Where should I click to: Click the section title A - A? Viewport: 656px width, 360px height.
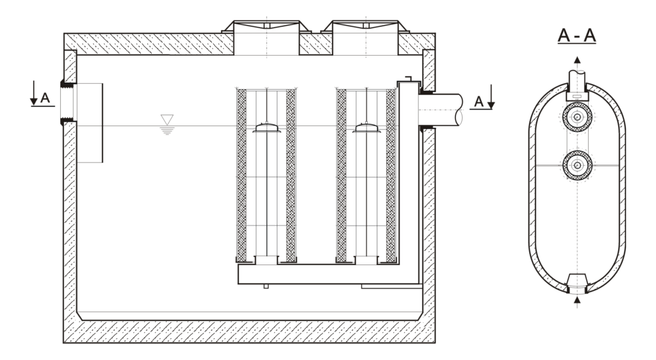click(x=577, y=35)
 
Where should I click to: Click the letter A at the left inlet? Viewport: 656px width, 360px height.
click(x=44, y=98)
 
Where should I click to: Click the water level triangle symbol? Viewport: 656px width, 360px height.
click(x=167, y=119)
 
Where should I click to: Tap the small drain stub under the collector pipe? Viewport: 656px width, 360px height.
click(x=266, y=286)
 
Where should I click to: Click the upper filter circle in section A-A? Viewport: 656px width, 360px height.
click(x=577, y=117)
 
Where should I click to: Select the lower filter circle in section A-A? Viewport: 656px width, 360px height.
click(x=577, y=165)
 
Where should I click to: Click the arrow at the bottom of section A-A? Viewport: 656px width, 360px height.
click(x=577, y=299)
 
